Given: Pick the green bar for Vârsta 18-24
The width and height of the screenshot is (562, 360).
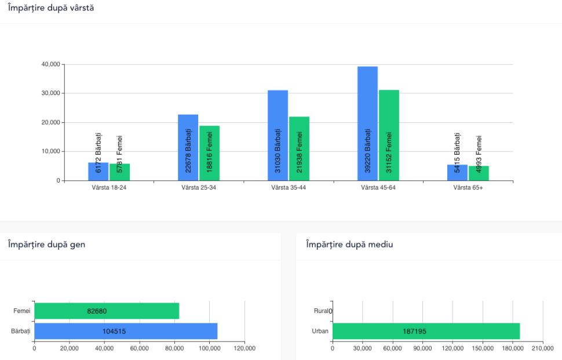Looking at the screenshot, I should pyautogui.click(x=120, y=172).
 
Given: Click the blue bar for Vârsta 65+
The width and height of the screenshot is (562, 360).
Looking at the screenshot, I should pyautogui.click(x=457, y=173).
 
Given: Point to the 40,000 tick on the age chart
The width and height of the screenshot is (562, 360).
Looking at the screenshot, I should pyautogui.click(x=50, y=64).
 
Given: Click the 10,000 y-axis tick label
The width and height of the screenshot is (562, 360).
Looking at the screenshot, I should pyautogui.click(x=50, y=151).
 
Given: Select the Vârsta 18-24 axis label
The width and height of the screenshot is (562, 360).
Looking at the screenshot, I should pyautogui.click(x=109, y=188).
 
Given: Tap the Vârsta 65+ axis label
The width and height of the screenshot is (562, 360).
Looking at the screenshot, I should pyautogui.click(x=468, y=188).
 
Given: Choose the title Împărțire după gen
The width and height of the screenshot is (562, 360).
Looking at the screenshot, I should pyautogui.click(x=46, y=244).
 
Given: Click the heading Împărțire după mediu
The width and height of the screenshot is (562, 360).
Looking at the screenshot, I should pyautogui.click(x=349, y=244).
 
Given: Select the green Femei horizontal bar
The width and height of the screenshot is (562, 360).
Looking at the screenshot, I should pyautogui.click(x=107, y=311).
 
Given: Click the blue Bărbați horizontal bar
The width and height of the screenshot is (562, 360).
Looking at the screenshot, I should pyautogui.click(x=126, y=331).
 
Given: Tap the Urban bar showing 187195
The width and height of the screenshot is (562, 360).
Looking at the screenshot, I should pyautogui.click(x=426, y=331).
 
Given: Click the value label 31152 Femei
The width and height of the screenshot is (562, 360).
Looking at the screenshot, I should pyautogui.click(x=389, y=152).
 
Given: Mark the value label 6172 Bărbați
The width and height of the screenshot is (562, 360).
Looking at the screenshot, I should pyautogui.click(x=98, y=152).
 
